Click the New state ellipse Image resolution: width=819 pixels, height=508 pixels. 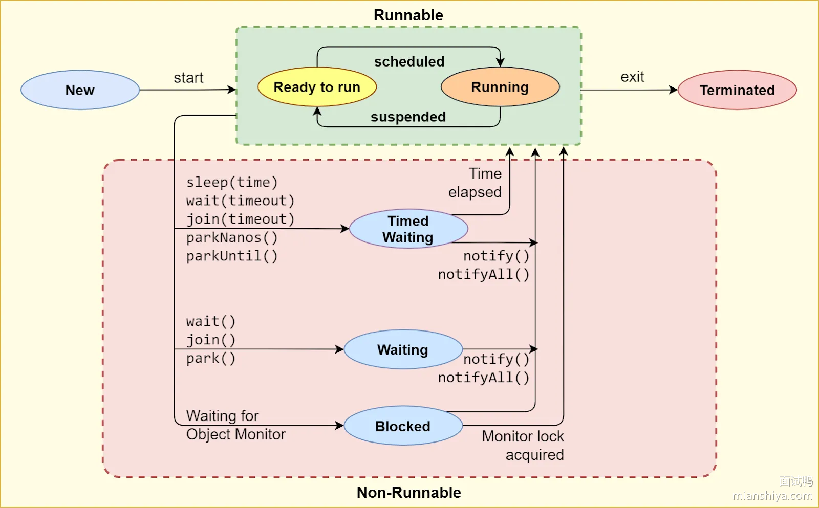tap(80, 90)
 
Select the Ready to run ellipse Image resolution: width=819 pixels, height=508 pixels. tap(317, 87)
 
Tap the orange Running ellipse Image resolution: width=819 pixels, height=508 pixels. tap(500, 87)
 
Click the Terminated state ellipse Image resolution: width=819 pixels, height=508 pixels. tap(737, 90)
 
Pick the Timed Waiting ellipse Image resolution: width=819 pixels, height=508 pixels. tap(408, 229)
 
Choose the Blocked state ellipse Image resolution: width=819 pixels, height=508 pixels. tap(403, 426)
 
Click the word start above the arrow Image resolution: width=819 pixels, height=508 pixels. tap(188, 78)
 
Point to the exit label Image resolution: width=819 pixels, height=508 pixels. tap(632, 77)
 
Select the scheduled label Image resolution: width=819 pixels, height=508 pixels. tap(409, 61)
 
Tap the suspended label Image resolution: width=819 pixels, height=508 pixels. tap(408, 117)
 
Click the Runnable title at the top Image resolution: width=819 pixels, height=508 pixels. tap(408, 15)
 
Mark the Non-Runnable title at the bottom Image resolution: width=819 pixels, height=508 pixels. tap(408, 492)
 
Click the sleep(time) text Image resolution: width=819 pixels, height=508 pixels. tap(232, 182)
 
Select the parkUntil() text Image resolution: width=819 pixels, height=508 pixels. tap(232, 256)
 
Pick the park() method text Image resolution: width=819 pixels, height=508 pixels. tap(211, 358)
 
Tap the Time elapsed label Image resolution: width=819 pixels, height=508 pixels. tap(476, 183)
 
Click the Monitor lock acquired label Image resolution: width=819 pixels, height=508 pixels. tap(523, 446)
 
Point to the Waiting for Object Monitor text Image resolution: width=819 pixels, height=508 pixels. tap(235, 425)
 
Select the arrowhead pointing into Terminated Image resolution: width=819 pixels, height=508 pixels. tap(674, 90)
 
